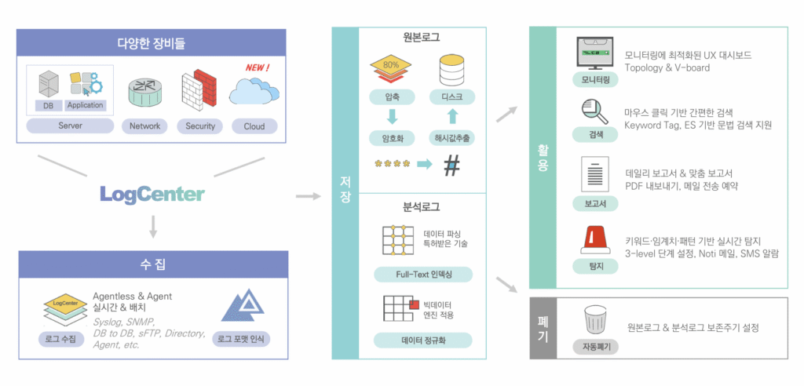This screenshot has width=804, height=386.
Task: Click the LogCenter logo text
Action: [152, 194]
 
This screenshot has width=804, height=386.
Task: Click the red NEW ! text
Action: [257, 67]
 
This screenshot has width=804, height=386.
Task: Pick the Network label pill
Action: [144, 126]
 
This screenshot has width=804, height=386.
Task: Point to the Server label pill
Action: [70, 126]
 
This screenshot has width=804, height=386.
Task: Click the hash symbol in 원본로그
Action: [451, 165]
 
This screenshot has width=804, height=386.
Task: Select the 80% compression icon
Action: [391, 71]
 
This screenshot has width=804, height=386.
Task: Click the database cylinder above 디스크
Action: [451, 71]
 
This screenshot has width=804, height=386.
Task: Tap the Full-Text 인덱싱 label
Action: [423, 275]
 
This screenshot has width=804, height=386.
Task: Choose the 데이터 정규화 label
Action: [423, 340]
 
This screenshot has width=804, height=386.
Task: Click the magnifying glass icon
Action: [594, 112]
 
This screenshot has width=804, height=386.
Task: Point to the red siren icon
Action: [594, 239]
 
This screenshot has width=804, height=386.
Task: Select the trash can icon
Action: [594, 320]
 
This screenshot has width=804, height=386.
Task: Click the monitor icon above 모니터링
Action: [594, 53]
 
